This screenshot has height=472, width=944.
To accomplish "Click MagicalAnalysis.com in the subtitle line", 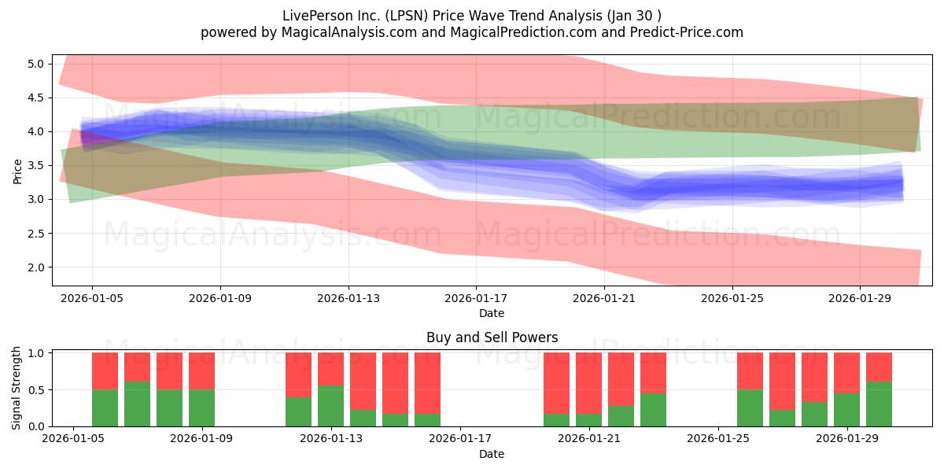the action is click(x=349, y=32).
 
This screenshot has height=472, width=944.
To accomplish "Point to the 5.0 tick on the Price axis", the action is click(x=36, y=64).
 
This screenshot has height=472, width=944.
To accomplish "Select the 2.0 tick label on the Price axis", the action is click(x=36, y=267).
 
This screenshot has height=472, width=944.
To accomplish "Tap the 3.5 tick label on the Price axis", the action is click(x=36, y=166).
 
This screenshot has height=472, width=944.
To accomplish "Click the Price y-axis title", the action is click(x=17, y=172).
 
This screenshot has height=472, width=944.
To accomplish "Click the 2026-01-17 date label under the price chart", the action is click(x=476, y=298).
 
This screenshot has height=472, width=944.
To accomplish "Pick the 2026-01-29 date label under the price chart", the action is click(x=860, y=298).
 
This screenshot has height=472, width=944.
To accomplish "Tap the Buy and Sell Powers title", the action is click(x=492, y=337).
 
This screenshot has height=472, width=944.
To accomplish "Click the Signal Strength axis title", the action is click(x=16, y=388).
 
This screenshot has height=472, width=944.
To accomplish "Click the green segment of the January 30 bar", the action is click(x=879, y=404).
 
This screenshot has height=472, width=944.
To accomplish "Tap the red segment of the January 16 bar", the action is click(x=427, y=383).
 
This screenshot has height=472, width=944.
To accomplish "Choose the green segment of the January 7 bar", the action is click(x=137, y=404).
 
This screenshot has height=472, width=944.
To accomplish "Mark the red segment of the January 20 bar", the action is click(x=588, y=383).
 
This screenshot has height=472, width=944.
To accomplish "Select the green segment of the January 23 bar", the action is click(x=653, y=410).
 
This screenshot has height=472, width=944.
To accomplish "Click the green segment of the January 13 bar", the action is click(x=331, y=406).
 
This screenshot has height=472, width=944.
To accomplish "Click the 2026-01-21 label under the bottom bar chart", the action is click(x=589, y=438).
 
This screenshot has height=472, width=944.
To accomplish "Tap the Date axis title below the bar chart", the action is click(x=492, y=454).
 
